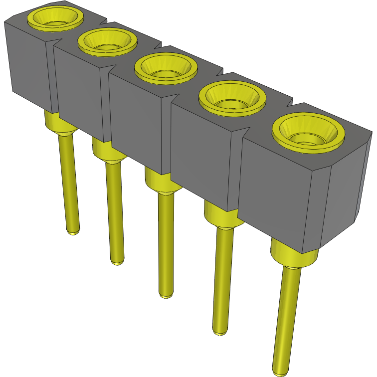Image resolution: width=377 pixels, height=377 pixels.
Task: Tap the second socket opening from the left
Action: [x=107, y=40]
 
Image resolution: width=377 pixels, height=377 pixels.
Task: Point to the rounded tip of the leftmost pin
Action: [x=73, y=231]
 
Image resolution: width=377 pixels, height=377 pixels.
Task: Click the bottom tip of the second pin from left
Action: [x=117, y=261]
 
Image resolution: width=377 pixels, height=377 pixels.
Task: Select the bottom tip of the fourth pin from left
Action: [x=219, y=331]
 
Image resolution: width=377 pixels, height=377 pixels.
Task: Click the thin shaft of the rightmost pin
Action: [x=286, y=319]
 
